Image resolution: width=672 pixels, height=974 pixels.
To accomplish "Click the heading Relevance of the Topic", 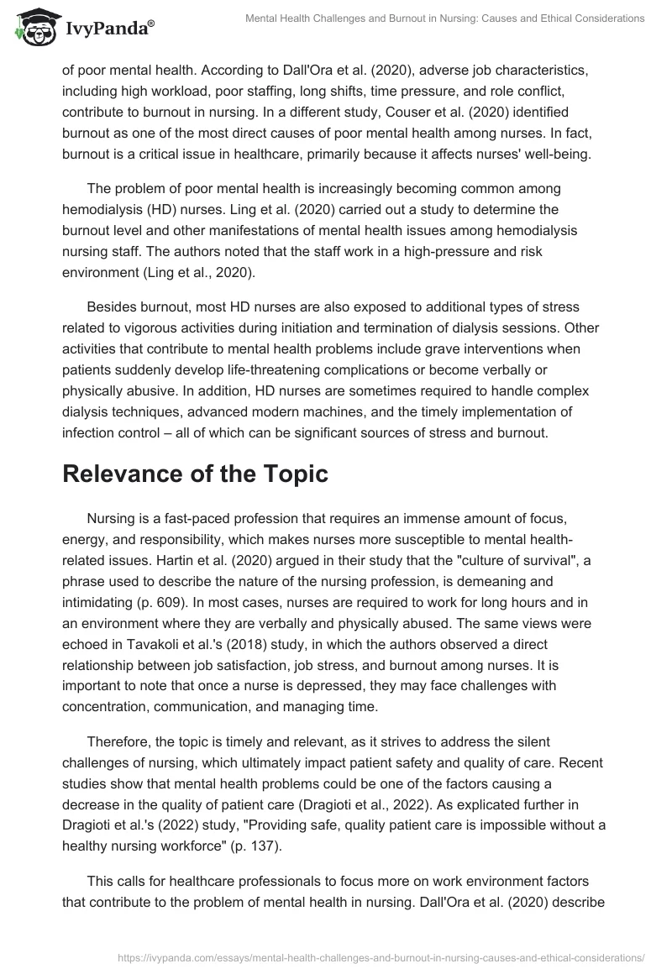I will tap(195, 474).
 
